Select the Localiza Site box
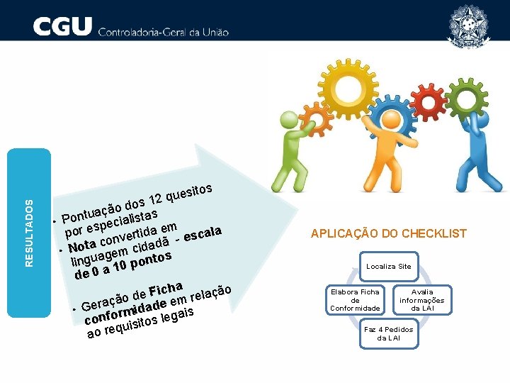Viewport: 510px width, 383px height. pyautogui.click(x=387, y=266)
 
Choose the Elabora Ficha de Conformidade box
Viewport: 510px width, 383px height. pyautogui.click(x=355, y=300)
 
